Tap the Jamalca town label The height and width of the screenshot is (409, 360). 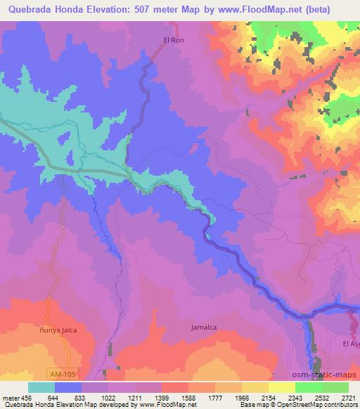click(x=204, y=327)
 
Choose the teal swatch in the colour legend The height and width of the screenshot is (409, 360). click(x=41, y=387)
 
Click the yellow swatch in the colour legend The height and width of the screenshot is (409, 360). click(x=282, y=387)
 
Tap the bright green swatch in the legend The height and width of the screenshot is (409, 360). click(x=309, y=387)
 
